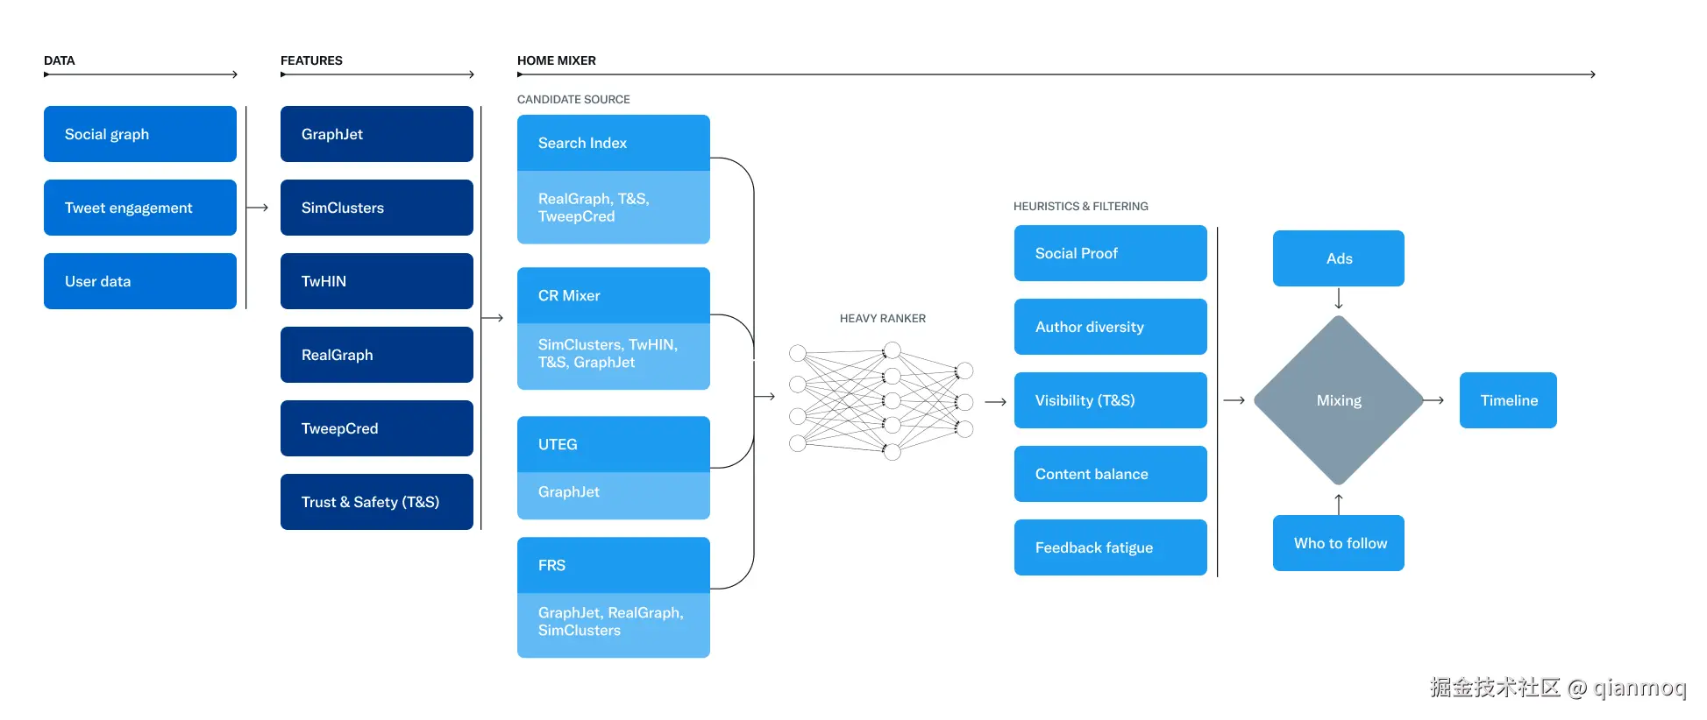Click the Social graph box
(140, 134)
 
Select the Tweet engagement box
(140, 208)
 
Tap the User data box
(140, 281)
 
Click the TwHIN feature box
(377, 281)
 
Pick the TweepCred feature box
(377, 428)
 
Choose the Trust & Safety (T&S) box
(377, 502)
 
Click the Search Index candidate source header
(613, 143)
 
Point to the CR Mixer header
(613, 295)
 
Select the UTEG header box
(613, 444)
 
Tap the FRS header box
(613, 565)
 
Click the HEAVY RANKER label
(882, 319)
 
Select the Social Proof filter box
(1110, 253)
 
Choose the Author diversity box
(1110, 327)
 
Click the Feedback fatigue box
(1110, 547)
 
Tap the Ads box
(1338, 258)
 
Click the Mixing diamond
(1338, 400)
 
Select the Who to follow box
(1338, 543)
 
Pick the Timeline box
(1508, 400)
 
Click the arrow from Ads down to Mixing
(1339, 300)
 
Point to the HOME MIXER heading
(556, 60)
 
